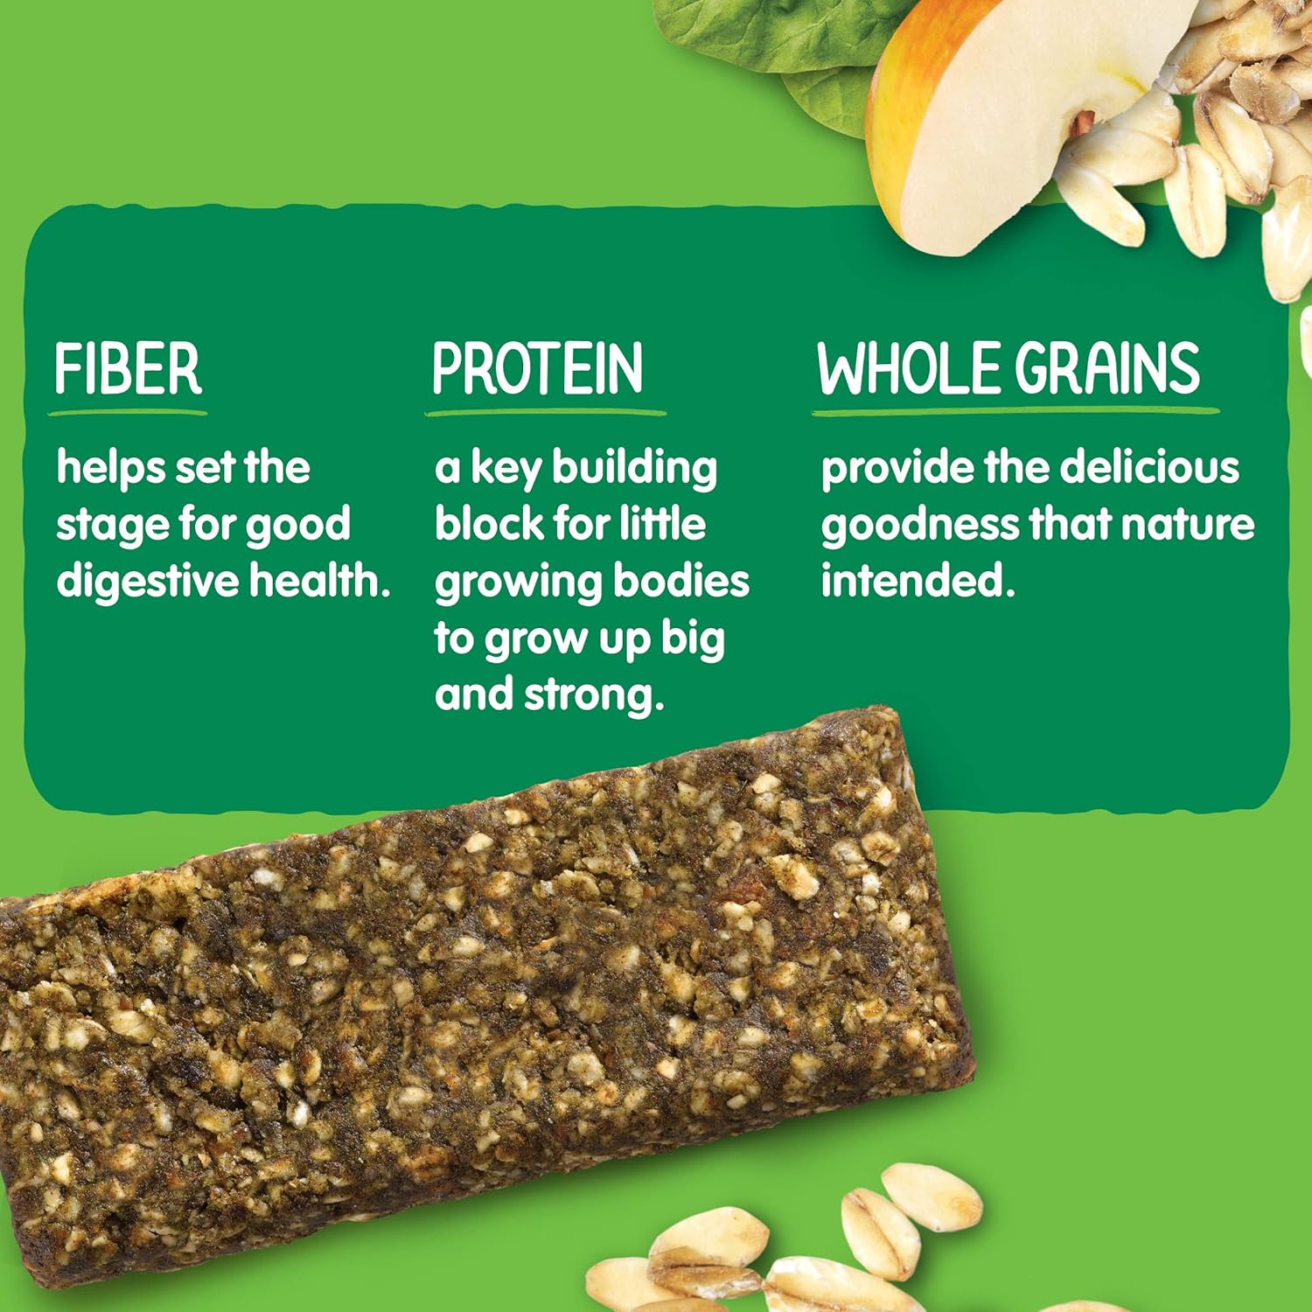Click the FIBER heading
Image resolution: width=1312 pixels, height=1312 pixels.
click(128, 369)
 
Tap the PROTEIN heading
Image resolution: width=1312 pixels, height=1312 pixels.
click(537, 369)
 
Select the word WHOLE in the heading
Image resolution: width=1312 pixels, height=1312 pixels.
click(909, 368)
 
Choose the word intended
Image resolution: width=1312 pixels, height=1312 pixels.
click(917, 581)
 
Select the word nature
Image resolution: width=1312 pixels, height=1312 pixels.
click(1188, 525)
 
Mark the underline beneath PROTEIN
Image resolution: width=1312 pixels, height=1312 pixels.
click(546, 411)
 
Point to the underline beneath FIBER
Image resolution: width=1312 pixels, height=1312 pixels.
click(128, 411)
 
